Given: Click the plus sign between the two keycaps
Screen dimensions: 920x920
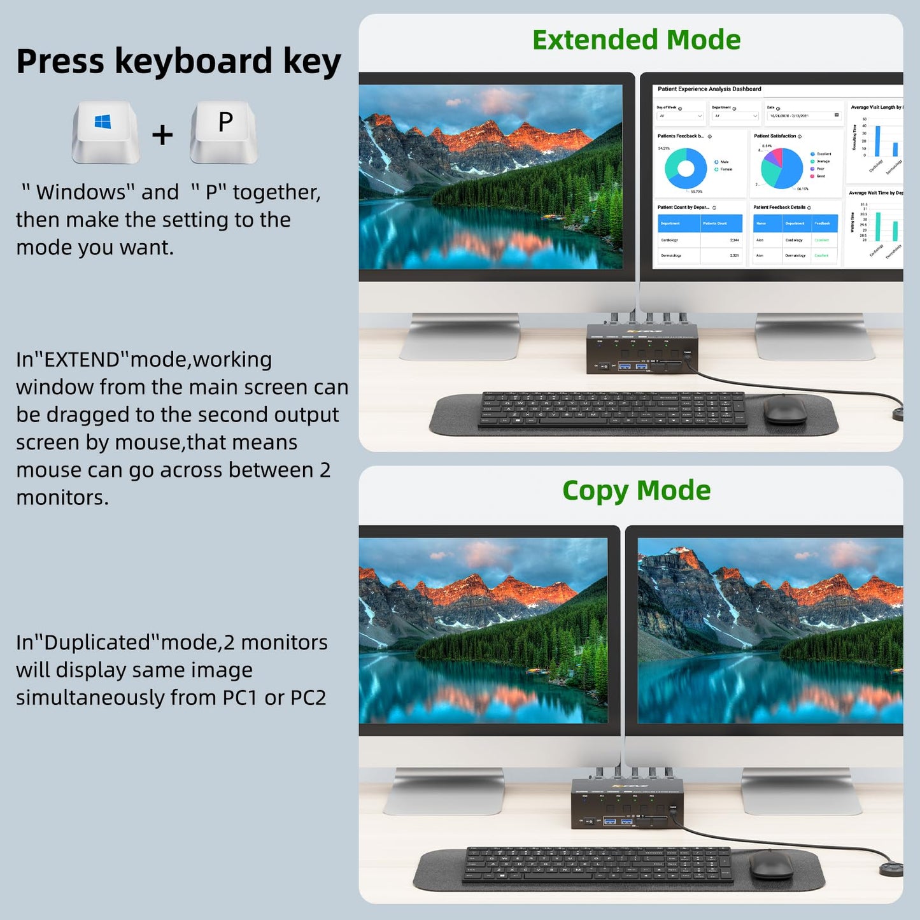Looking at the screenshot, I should pyautogui.click(x=162, y=135).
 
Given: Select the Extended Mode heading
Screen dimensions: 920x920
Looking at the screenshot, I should pyautogui.click(x=636, y=40).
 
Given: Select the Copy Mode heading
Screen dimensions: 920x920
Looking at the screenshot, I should pyautogui.click(x=636, y=490).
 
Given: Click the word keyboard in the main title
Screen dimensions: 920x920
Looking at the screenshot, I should pyautogui.click(x=193, y=62).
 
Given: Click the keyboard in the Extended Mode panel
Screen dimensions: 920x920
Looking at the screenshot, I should pyautogui.click(x=612, y=409).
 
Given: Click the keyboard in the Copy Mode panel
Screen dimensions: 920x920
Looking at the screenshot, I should pyautogui.click(x=599, y=863).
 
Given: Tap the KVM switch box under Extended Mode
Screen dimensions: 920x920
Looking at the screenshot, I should pyautogui.click(x=642, y=349).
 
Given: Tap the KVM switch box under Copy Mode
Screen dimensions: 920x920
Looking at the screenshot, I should pyautogui.click(x=627, y=803).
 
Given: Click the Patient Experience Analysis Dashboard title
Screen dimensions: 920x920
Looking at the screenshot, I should pyautogui.click(x=709, y=89).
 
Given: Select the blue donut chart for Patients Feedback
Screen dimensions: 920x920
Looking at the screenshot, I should pyautogui.click(x=685, y=169).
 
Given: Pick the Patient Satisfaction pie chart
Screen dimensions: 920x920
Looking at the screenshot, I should pyautogui.click(x=782, y=168).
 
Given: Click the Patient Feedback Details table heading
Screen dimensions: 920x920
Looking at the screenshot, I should pyautogui.click(x=779, y=208).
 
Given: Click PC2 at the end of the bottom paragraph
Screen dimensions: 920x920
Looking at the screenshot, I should pyautogui.click(x=308, y=698).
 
